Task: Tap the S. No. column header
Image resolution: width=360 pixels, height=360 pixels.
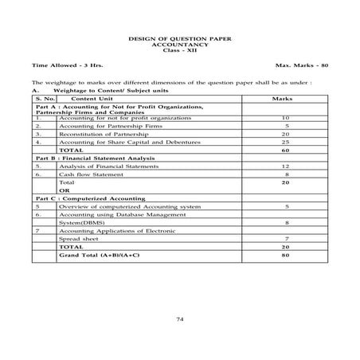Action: pos(44,99)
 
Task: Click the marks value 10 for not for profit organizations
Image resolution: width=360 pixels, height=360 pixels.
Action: pos(284,118)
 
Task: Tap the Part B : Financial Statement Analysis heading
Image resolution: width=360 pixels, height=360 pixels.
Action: pos(95,158)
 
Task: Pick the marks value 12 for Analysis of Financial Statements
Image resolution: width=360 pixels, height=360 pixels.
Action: pos(284,166)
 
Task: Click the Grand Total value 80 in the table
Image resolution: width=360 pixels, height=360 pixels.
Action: pos(284,256)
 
